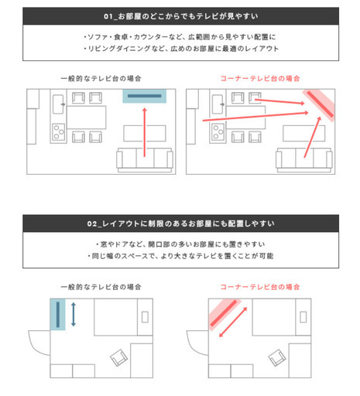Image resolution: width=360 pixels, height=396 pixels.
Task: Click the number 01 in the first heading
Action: [x=108, y=16]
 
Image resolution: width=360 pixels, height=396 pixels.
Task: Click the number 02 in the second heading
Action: [x=92, y=224]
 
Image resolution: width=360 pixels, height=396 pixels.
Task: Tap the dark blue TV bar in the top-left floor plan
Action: [x=145, y=96]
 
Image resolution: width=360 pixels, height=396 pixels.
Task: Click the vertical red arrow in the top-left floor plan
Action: [x=145, y=132]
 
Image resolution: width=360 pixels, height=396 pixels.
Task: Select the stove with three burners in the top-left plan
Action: [x=59, y=132]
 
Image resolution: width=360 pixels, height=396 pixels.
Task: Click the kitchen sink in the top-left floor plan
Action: [x=58, y=104]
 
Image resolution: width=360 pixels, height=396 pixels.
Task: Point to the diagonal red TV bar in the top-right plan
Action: [x=321, y=104]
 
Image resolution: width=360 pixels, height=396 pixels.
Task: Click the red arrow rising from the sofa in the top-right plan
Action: [x=312, y=137]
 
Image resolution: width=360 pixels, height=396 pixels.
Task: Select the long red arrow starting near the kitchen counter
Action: [x=255, y=117]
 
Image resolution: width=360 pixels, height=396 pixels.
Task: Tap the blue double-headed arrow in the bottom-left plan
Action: [x=74, y=315]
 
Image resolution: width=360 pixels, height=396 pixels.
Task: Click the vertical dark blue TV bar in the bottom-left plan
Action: [x=58, y=315]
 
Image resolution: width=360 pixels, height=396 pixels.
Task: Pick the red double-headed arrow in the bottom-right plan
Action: [x=233, y=323]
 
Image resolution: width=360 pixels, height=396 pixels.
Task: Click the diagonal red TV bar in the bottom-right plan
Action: [x=224, y=313]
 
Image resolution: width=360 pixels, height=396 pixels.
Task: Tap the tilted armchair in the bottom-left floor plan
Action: [x=119, y=357]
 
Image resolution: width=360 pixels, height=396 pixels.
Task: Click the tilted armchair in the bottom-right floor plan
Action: [x=277, y=357]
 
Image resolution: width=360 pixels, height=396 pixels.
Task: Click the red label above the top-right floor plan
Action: [x=260, y=78]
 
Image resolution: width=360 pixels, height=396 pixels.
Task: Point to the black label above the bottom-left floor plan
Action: [x=101, y=287]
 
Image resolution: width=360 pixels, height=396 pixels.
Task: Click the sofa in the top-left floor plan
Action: [x=145, y=160]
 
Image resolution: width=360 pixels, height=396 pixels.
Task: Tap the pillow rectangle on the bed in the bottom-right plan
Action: [x=303, y=317]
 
